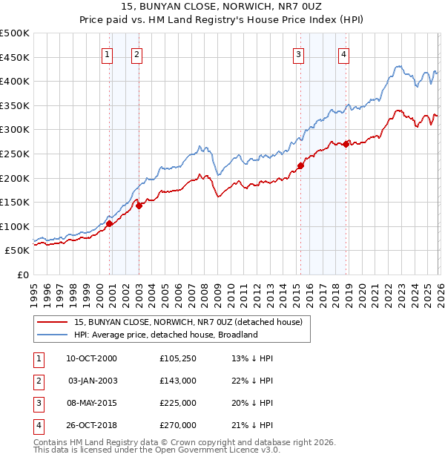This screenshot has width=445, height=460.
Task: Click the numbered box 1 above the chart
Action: [x=108, y=53]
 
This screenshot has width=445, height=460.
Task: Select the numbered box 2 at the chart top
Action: [x=137, y=53]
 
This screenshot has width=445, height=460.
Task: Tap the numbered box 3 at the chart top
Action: [x=298, y=53]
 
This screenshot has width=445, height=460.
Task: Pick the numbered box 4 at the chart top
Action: [x=344, y=53]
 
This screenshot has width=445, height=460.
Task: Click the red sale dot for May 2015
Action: [x=300, y=165]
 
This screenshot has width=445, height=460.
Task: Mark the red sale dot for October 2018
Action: [x=346, y=145]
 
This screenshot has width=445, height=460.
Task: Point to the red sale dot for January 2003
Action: [x=139, y=206]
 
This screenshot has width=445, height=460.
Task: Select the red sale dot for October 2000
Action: [x=109, y=223]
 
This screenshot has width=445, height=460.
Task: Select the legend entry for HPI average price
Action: [x=165, y=335]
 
